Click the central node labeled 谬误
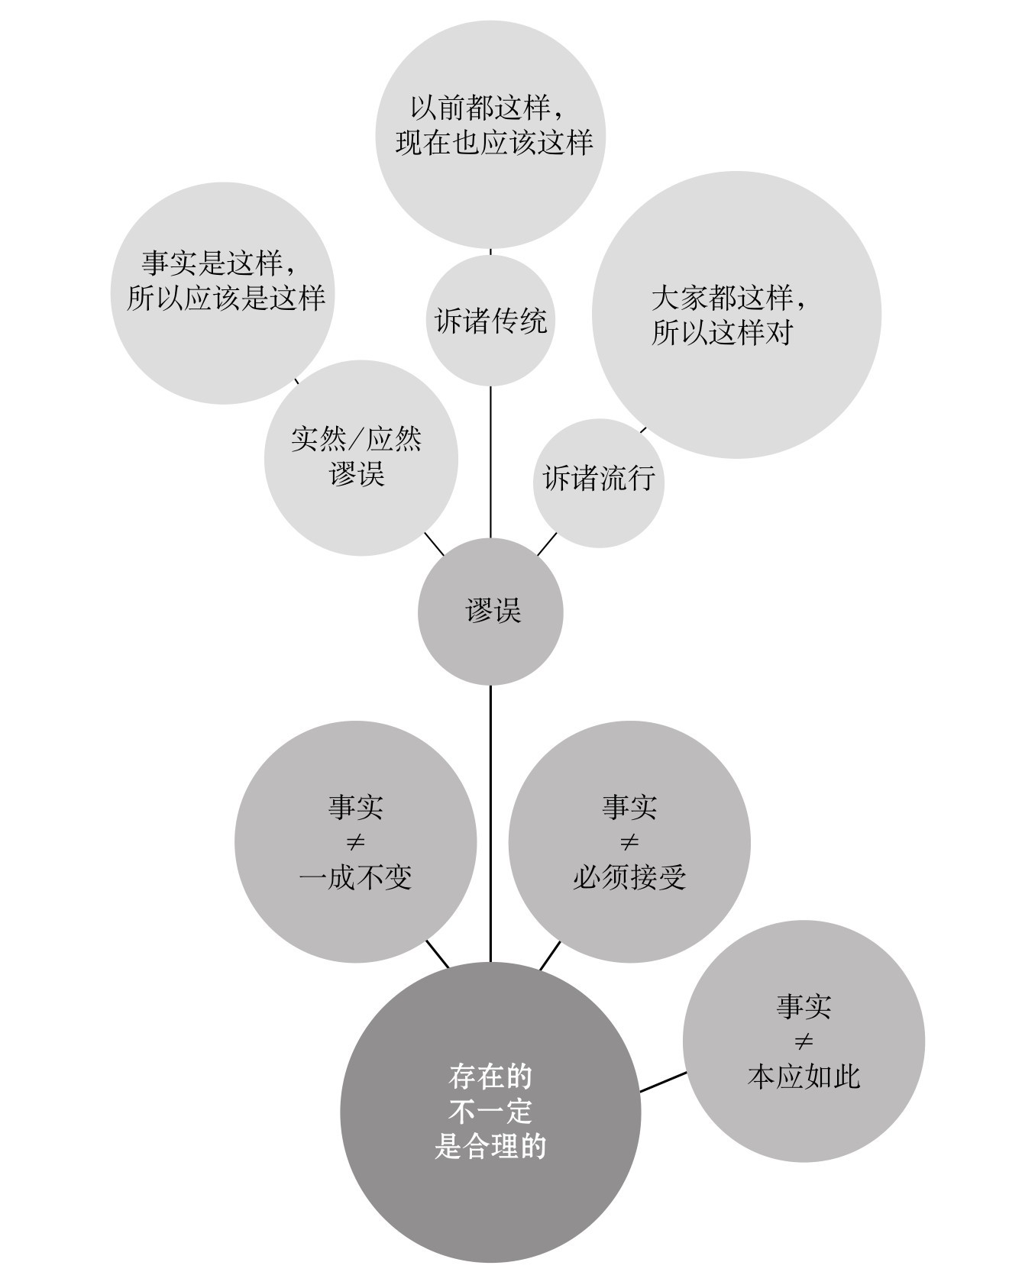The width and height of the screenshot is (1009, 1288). [x=490, y=612]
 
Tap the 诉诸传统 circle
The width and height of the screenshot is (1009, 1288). [x=490, y=321]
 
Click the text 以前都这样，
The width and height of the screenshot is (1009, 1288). [x=489, y=108]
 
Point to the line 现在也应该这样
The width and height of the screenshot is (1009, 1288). [x=493, y=144]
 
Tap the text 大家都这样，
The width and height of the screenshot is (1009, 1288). [x=729, y=297]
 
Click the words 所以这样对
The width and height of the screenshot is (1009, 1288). [x=722, y=333]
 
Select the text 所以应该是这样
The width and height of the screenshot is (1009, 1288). [x=226, y=298]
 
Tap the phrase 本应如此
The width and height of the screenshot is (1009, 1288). [x=804, y=1077]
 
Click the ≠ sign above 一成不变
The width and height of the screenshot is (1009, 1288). [x=356, y=843]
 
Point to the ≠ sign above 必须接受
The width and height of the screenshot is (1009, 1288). [x=629, y=843]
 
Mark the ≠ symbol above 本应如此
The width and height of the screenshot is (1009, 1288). [x=804, y=1041]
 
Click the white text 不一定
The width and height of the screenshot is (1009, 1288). [x=490, y=1112]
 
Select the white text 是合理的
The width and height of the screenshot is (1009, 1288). [x=490, y=1147]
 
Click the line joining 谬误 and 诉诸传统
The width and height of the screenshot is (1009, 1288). [x=490, y=462]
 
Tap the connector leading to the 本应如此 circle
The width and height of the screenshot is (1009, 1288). [x=662, y=1082]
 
